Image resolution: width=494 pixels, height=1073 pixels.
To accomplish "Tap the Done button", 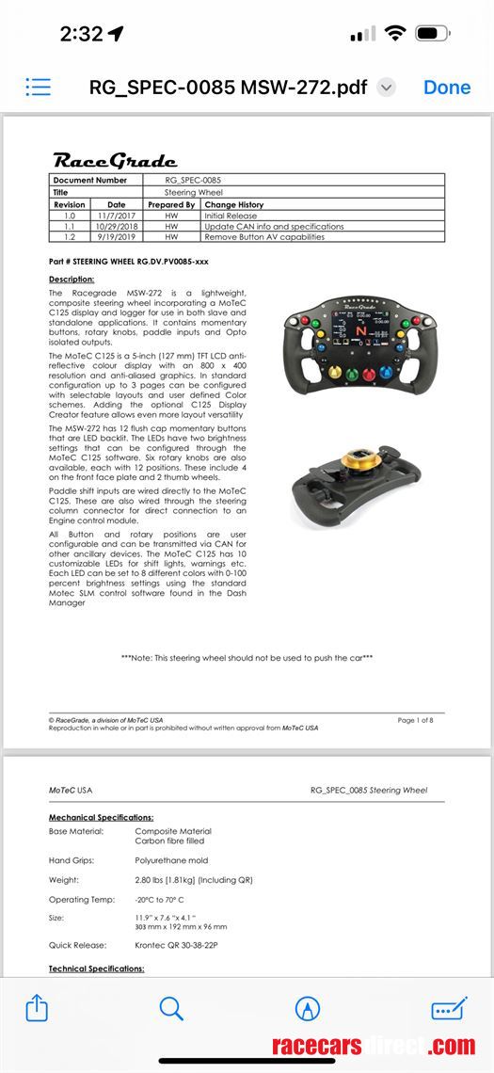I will click(x=447, y=88).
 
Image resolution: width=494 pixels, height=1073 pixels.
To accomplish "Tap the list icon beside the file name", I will click(x=39, y=88).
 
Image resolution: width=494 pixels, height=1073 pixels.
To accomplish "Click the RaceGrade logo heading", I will click(x=114, y=159).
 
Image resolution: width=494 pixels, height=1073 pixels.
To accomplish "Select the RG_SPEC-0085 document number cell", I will click(x=194, y=180).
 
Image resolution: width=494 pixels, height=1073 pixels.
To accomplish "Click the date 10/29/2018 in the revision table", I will click(x=116, y=227).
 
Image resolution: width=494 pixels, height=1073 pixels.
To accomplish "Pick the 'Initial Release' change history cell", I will click(x=230, y=216).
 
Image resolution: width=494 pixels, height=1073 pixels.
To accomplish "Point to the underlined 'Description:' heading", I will click(x=72, y=280).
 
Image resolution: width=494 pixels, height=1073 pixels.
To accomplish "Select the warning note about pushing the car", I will click(x=247, y=658).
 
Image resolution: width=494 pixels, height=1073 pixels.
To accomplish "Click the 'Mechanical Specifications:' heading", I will click(x=101, y=818).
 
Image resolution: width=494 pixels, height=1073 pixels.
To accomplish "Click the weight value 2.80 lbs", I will click(x=194, y=880).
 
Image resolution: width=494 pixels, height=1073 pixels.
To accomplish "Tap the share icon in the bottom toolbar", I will click(x=36, y=1009).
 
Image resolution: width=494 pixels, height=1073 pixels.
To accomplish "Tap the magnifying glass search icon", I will click(x=171, y=1009).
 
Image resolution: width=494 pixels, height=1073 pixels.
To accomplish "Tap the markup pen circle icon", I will click(x=308, y=1009).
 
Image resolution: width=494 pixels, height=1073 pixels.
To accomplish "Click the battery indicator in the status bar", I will click(x=433, y=34).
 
